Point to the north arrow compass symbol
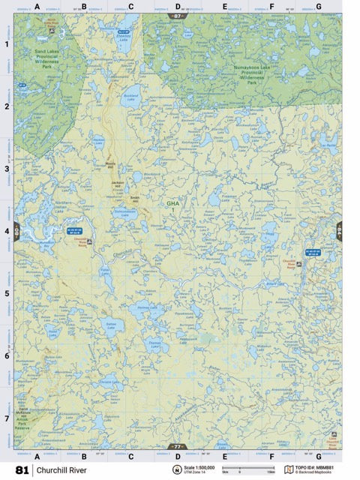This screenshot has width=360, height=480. click(177, 470)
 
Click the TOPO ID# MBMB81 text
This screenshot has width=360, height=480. click(320, 467)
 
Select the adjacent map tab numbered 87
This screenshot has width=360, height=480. click(177, 15)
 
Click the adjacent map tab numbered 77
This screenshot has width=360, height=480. click(177, 446)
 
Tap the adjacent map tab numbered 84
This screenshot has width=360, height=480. click(338, 232)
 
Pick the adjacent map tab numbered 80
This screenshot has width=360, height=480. click(16, 232)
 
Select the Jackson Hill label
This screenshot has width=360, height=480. click(116, 182)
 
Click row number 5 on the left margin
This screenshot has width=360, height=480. click(7, 292)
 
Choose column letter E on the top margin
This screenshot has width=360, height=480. click(224, 7)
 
